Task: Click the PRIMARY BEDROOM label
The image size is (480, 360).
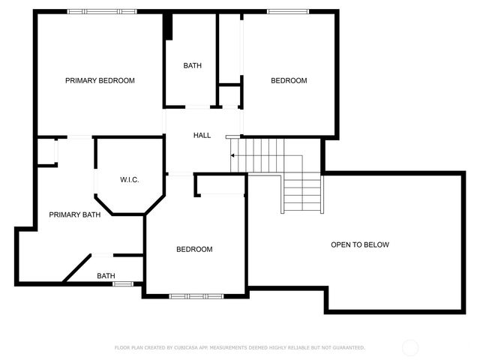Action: point(100,80)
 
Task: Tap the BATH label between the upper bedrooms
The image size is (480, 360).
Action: point(192,66)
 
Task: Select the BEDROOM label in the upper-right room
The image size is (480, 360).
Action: point(289,80)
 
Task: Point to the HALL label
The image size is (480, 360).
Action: point(202,136)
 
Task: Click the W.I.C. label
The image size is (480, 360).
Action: point(130,180)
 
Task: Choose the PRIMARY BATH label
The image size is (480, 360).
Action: point(75,215)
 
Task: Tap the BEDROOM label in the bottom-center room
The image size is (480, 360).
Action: point(194,250)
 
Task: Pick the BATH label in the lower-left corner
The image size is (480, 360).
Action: point(106,276)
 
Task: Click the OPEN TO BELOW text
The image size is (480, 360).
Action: point(360,244)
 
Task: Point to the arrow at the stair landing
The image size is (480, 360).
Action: point(233,155)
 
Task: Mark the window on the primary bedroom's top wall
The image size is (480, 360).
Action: point(93,11)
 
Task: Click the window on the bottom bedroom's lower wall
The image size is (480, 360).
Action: point(196,296)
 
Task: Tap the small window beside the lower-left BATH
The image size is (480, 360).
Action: point(123,283)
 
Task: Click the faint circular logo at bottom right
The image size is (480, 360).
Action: point(410,347)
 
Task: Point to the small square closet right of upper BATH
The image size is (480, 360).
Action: point(229,96)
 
